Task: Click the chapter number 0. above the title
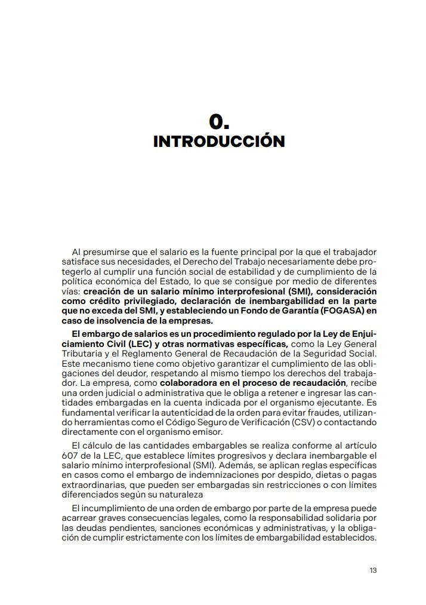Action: (x=219, y=122)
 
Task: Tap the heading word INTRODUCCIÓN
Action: (x=219, y=142)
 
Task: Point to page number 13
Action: (x=373, y=570)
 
